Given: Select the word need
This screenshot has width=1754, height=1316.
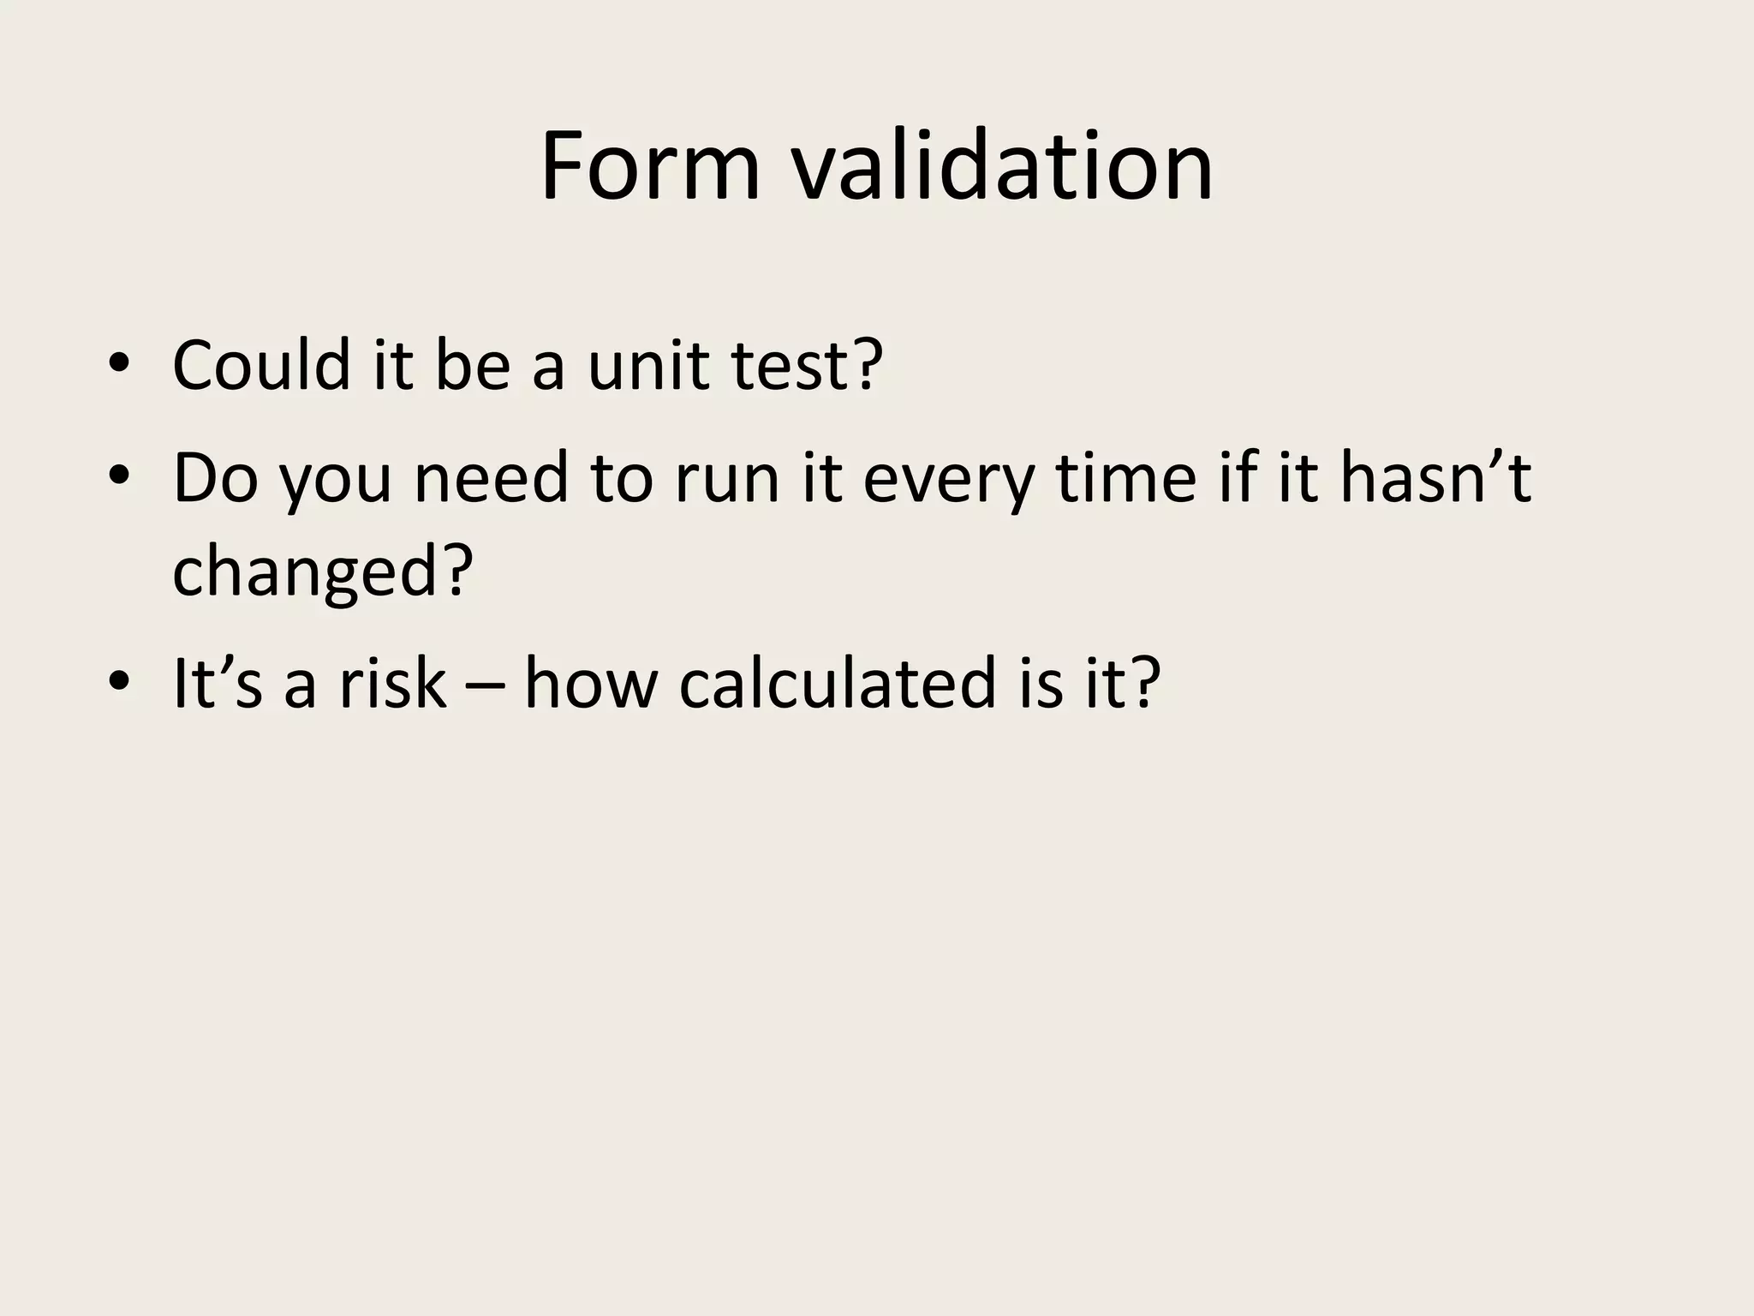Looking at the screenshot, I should pyautogui.click(x=492, y=477).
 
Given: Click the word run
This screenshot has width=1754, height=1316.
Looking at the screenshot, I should pyautogui.click(x=727, y=477).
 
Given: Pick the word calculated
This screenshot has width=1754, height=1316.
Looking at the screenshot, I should pyautogui.click(x=838, y=683).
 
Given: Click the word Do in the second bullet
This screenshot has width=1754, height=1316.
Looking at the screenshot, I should pyautogui.click(x=215, y=477).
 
